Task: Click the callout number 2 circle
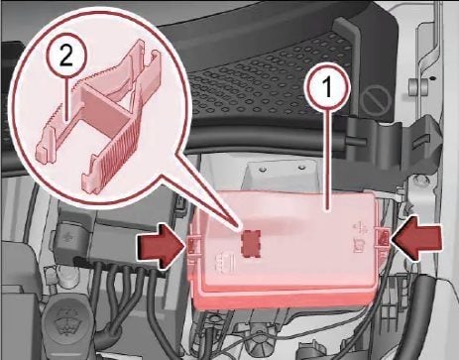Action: pos(66,59)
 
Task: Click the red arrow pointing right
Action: pos(161,246)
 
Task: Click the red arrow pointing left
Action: pos(416,238)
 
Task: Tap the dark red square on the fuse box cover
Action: pos(251,243)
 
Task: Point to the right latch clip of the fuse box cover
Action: pos(384,237)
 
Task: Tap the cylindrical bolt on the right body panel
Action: pos(418,87)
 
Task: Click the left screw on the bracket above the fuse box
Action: pos(263,170)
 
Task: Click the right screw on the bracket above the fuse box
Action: pos(300,168)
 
